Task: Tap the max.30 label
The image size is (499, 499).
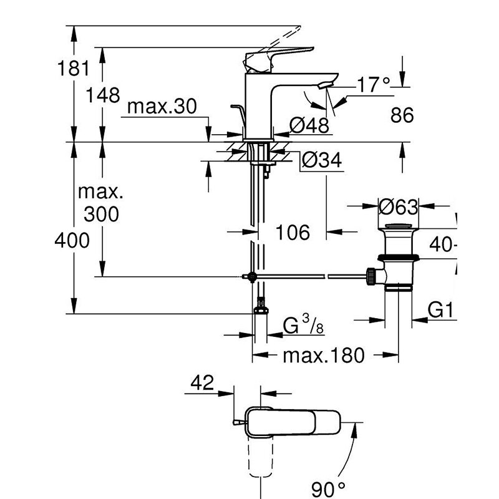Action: click(162, 107)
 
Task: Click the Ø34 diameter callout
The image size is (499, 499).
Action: click(322, 161)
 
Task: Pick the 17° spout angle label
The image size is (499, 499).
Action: click(374, 85)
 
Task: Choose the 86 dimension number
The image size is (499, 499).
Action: click(401, 115)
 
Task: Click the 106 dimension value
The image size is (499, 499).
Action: click(293, 233)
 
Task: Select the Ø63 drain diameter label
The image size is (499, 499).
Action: click(398, 205)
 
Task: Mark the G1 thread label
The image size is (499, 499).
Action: click(440, 310)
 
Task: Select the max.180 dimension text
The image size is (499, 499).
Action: click(323, 356)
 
